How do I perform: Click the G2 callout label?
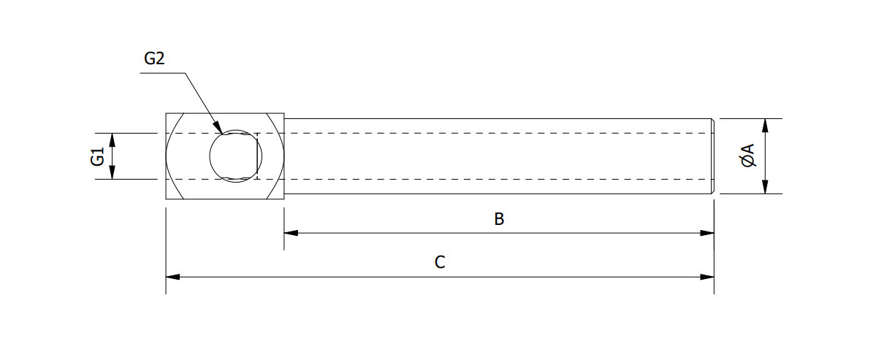pos(154,59)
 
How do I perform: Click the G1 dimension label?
pos(98,156)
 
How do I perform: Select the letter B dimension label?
pos(499,219)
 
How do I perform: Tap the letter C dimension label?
pos(440,263)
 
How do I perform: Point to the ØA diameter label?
pos(747,156)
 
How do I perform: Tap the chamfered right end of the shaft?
pos(712,156)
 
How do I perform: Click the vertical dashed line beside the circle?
pos(257,156)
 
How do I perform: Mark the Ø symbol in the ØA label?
pos(747,162)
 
